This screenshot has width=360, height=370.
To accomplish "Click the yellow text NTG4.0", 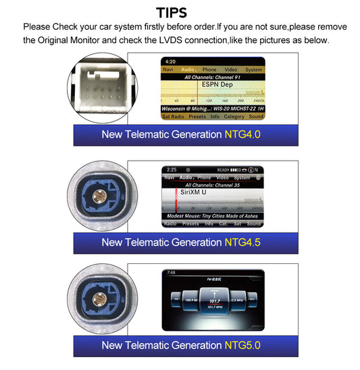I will coord(242,134).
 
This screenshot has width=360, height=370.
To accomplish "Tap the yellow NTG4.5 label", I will coord(242,241).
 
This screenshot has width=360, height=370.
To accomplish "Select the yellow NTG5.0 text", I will coord(242,345).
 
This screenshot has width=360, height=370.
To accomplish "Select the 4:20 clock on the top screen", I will coord(170,61).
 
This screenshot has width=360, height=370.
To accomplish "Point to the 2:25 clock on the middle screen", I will coord(171,169).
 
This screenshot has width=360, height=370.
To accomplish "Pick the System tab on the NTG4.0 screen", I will coord(254,70).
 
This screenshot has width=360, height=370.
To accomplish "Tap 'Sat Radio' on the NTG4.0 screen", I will coord(174,117).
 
